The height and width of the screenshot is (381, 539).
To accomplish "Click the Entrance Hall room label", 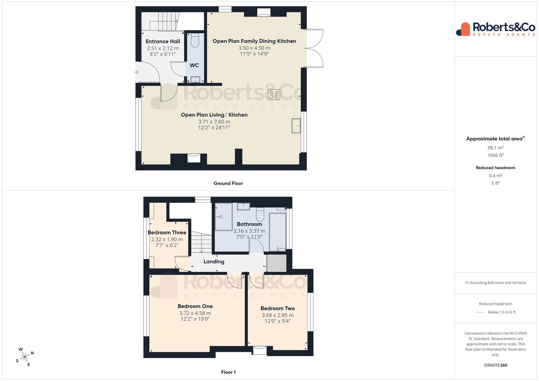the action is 163,41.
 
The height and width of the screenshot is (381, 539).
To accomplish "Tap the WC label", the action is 194,65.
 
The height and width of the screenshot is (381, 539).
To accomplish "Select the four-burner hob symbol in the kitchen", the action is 274,95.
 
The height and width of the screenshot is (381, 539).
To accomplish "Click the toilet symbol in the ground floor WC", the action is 194,40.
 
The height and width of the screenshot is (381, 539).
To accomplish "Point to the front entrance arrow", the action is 136,72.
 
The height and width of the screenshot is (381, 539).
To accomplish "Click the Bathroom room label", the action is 249,224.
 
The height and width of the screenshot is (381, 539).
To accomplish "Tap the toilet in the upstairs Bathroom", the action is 260,214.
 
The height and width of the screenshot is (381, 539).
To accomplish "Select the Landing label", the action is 214,262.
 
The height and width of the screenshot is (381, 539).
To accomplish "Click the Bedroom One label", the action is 195,306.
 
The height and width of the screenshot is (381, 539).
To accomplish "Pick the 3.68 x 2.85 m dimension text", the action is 278,315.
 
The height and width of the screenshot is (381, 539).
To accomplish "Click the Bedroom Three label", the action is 167,232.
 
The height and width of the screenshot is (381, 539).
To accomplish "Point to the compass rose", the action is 25,357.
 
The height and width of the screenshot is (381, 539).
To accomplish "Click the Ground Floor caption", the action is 228,184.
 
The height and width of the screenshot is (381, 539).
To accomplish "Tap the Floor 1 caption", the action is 228,372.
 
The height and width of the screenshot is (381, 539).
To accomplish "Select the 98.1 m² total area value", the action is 495,147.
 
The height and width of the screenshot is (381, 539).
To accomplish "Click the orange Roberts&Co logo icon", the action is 463,29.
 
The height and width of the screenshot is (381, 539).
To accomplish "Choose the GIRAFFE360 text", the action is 495,365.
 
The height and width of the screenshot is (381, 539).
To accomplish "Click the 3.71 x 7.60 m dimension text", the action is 214,122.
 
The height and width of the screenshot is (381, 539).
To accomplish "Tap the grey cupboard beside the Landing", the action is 277,263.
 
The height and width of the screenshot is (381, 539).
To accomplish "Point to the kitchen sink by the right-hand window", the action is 296,126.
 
